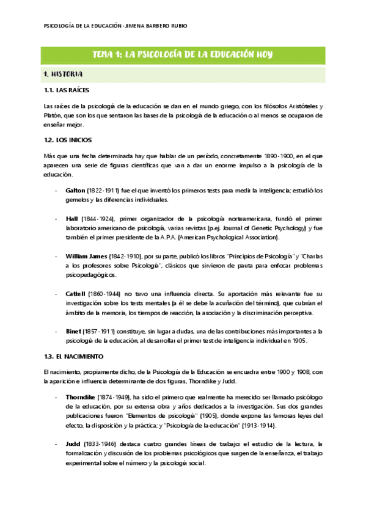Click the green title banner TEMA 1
[x=182, y=54]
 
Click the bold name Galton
[x=75, y=191]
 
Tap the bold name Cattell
[x=76, y=293]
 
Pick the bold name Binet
[x=73, y=330]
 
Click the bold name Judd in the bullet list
[x=73, y=443]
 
